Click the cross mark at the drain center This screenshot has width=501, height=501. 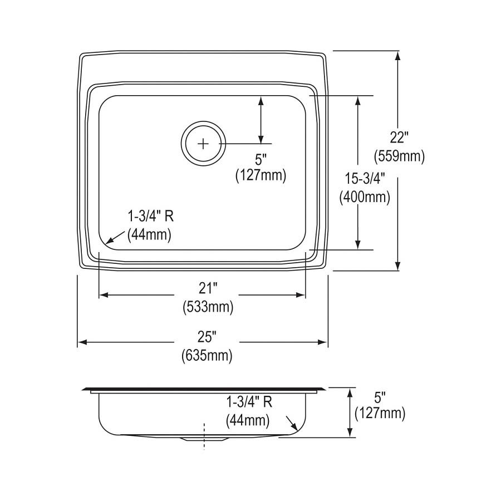pyautogui.click(x=203, y=144)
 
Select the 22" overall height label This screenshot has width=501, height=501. pyautogui.click(x=399, y=136)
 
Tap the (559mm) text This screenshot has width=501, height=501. pyautogui.click(x=399, y=156)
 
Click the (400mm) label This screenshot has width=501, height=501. pyautogui.click(x=365, y=197)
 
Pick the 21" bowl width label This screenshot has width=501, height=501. pyautogui.click(x=208, y=288)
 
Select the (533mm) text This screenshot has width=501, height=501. pyautogui.click(x=208, y=306)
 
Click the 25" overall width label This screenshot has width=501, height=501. pyautogui.click(x=207, y=336)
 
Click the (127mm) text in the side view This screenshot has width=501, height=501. pyautogui.click(x=380, y=413)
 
